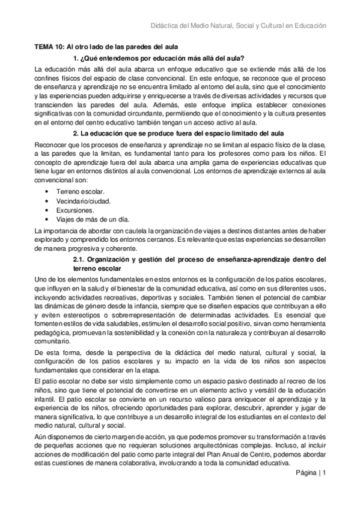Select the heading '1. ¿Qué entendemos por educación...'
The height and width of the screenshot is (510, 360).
pos(158,58)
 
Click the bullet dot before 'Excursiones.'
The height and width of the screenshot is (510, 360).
pos(47,210)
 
